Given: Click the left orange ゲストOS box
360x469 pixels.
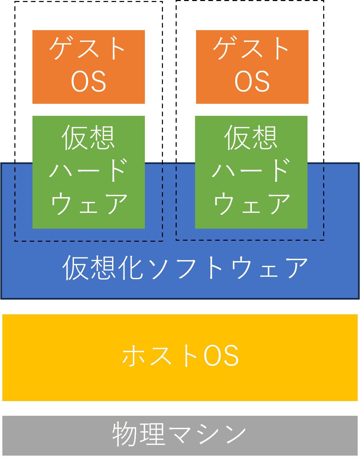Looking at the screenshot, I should coord(88,67).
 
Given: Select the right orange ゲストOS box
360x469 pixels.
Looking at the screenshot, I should coord(252,67).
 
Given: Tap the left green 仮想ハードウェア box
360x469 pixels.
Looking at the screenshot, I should coord(88,172).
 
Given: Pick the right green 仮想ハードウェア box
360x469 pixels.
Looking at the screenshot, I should coord(251,172).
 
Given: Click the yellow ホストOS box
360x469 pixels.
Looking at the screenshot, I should coord(180,357).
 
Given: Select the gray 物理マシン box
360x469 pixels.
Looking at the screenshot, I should coord(180,435).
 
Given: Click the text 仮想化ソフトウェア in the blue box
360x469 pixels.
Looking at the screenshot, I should coord(185,268).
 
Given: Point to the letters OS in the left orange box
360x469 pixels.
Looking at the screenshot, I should coord(89,81).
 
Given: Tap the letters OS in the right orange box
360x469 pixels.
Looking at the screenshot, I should coord(252,81).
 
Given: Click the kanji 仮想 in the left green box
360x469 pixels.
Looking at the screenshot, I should coord(88,137).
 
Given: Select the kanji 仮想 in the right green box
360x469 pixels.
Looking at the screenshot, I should coord(251,137).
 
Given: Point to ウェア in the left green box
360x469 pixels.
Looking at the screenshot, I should coord(89,204).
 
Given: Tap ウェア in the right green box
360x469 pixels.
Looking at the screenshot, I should coord(252,204).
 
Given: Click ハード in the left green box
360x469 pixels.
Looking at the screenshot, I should coord(88,171).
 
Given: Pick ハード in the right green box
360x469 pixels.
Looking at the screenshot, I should coord(251,171).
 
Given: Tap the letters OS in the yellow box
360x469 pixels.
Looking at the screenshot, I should coord(221,356).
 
